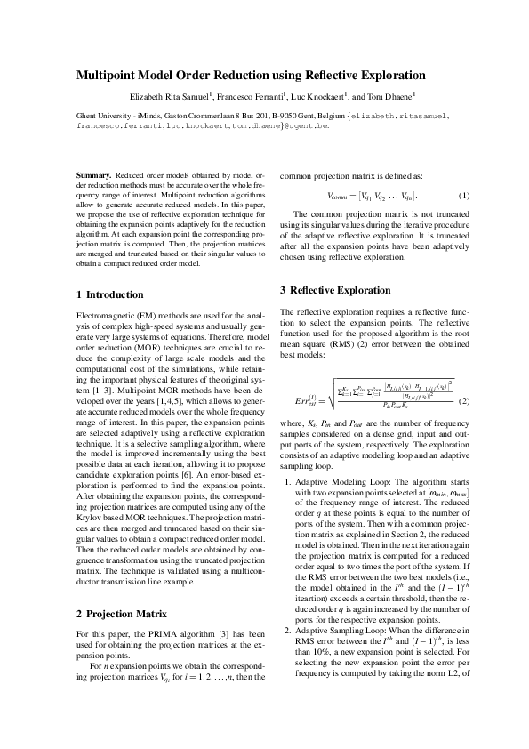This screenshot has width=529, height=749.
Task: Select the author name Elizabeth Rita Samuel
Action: (164, 95)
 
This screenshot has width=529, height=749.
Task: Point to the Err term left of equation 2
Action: (294, 402)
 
